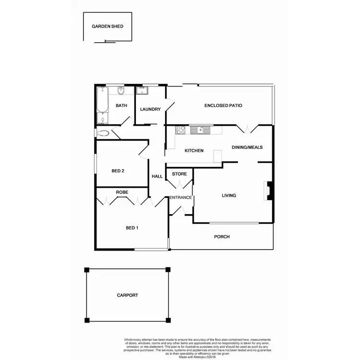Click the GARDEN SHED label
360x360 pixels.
tap(108, 26)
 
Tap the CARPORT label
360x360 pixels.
tap(127, 295)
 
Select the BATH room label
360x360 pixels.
tap(121, 106)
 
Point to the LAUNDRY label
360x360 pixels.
tap(150, 109)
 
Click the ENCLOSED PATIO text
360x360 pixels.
tap(223, 105)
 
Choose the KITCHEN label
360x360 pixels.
tap(194, 151)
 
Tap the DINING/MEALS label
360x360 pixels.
tap(247, 147)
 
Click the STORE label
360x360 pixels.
tap(179, 174)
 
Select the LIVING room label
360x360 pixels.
tap(229, 195)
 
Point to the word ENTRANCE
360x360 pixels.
tap(180, 197)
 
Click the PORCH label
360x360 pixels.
tap(222, 237)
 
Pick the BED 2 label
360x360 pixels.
tap(118, 171)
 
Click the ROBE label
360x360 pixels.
tap(122, 192)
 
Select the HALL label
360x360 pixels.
tap(157, 176)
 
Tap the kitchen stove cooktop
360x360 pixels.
tap(181, 129)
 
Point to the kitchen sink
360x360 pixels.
tap(201, 129)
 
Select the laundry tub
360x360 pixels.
tap(142, 90)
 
